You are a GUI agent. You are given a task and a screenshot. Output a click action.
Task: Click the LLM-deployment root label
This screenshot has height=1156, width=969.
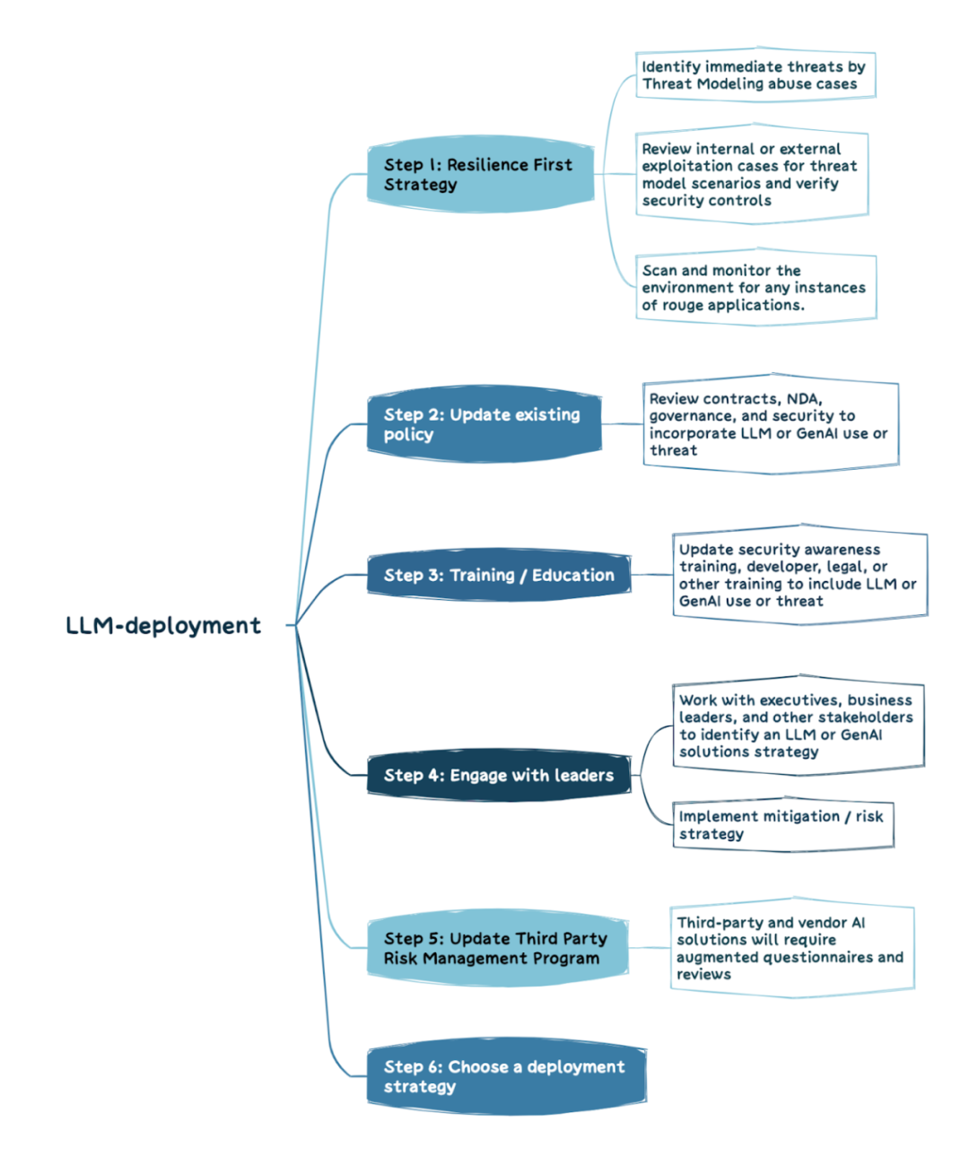[163, 625]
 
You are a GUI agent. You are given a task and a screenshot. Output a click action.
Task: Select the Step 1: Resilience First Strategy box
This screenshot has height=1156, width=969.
[480, 174]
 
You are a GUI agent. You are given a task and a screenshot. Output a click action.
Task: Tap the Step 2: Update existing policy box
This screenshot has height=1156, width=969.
[484, 424]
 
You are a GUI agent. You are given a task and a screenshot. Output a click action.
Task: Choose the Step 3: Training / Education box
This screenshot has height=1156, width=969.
[499, 575]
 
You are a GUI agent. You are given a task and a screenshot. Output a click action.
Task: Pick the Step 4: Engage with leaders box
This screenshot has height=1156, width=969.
[499, 775]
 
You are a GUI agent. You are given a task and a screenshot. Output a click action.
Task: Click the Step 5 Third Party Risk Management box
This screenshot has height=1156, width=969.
[497, 948]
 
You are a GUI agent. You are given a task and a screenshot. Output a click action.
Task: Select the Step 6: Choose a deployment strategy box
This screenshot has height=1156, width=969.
[506, 1076]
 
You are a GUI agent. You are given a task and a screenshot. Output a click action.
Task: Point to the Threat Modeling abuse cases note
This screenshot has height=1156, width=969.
[755, 75]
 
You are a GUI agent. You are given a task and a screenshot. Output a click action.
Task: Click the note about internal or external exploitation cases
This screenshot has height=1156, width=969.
[751, 175]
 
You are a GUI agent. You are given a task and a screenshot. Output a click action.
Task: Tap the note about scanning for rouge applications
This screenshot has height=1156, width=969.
[755, 288]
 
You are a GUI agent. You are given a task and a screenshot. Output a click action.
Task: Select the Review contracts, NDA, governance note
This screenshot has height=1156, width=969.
[770, 424]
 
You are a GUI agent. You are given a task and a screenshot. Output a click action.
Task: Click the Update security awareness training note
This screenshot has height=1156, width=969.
[799, 575]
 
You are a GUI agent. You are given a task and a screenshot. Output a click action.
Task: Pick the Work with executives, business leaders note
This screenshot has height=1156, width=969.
[797, 726]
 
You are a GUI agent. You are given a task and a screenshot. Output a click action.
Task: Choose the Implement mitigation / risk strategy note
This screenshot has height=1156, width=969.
[782, 824]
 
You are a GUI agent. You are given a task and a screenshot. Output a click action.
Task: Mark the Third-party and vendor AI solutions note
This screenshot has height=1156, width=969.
[791, 948]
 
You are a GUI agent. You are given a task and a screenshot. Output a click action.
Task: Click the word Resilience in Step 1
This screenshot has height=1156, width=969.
[488, 164]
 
